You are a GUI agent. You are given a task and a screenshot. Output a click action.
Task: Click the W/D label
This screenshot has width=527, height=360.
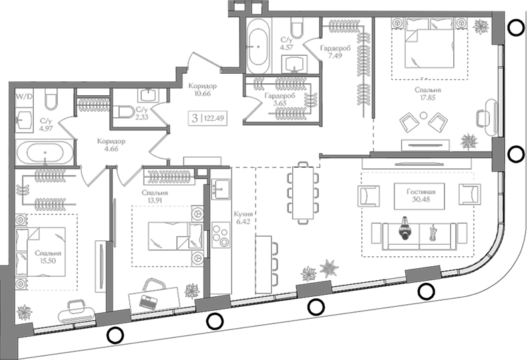24,97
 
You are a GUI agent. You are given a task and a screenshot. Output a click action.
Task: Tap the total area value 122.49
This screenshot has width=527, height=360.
214,118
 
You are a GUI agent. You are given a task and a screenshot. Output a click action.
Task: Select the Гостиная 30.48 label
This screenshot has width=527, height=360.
421,195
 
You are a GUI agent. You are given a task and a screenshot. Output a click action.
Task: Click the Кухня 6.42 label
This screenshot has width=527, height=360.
243,218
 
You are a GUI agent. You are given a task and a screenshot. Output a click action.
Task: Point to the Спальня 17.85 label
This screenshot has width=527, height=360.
427,94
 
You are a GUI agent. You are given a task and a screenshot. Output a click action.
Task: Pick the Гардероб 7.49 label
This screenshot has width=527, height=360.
335,52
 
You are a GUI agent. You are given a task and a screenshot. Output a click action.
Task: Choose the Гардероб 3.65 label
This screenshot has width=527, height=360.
279,100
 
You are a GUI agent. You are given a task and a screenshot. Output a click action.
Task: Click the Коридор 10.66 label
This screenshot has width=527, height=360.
202,89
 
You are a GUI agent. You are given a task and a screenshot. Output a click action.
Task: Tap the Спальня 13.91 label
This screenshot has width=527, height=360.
154,197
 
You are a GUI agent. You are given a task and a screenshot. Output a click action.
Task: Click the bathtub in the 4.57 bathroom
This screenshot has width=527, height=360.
258,46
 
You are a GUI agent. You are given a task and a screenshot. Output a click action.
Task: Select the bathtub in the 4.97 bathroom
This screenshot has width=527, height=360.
45,152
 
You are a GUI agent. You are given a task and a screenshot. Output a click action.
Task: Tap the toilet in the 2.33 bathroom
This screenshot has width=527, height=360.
123,112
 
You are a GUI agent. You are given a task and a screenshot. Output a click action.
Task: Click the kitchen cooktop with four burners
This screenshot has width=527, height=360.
220,236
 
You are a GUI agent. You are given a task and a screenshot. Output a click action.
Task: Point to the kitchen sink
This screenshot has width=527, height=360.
221,189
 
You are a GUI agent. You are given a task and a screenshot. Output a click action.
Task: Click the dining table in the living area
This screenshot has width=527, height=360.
303,192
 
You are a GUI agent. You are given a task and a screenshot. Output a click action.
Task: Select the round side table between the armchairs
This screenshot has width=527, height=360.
424,116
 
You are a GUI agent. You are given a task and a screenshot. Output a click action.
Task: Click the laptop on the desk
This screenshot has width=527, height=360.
148,301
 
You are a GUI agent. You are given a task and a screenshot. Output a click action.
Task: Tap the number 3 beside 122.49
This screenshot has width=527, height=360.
194,118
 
